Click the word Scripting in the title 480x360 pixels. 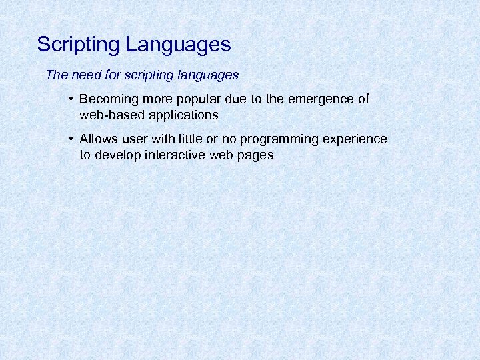(78, 45)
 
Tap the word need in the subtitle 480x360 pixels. (83, 75)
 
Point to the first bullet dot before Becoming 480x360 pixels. (70, 99)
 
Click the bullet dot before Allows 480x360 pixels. (70, 139)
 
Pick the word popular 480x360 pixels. (195, 99)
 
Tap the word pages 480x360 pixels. (255, 155)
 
